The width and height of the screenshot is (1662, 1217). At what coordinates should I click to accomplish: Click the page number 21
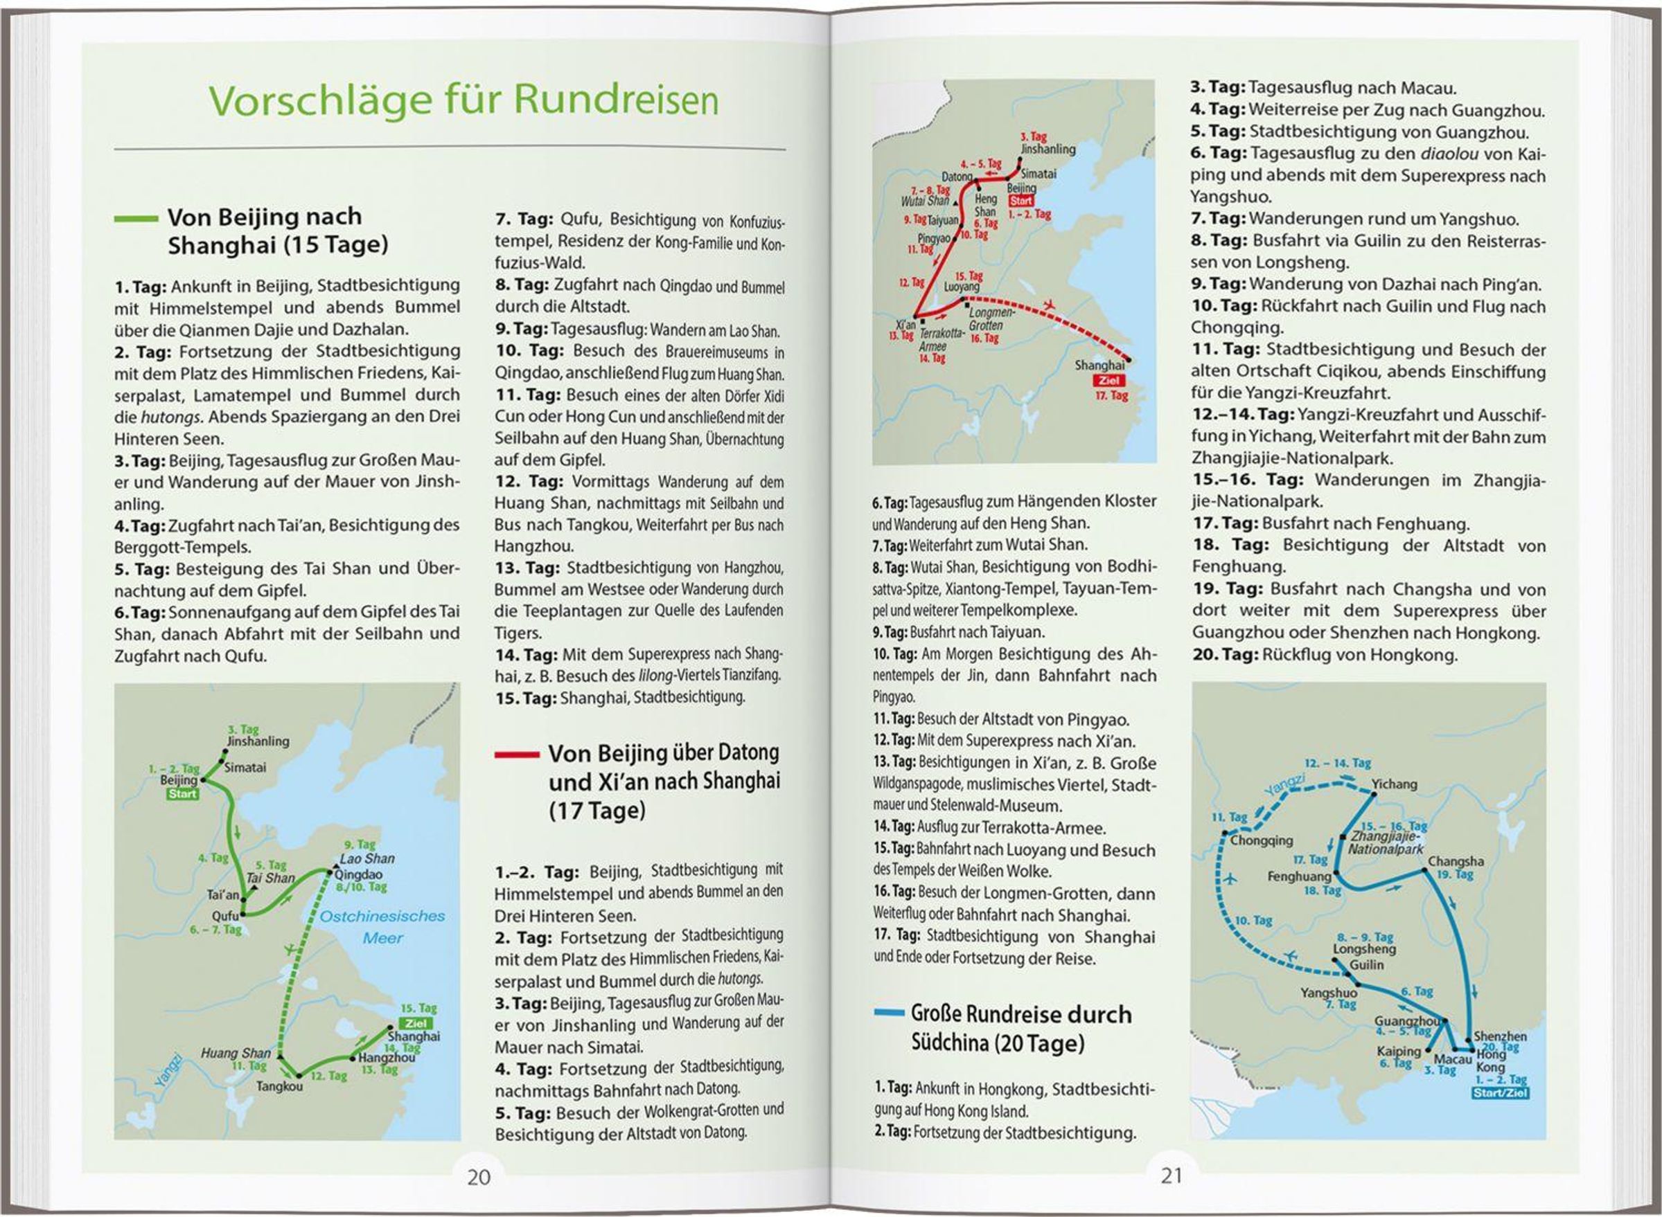(1171, 1175)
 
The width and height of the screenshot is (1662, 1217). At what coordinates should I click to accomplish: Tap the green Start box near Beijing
(182, 793)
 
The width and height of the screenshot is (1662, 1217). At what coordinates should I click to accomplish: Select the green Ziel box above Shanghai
(415, 1023)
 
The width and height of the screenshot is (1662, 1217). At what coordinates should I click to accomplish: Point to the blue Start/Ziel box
(1501, 1093)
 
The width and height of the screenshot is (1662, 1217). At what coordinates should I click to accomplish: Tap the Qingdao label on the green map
(358, 874)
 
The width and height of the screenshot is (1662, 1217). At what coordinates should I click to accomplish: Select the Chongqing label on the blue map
(1261, 840)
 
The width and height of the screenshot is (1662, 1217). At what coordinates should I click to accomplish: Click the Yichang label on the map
(1394, 784)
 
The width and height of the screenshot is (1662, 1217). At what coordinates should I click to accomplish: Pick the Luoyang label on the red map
(962, 287)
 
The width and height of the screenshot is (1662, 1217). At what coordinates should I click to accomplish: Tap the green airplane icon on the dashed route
(292, 949)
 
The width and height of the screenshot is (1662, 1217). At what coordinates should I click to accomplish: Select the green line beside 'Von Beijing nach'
(136, 219)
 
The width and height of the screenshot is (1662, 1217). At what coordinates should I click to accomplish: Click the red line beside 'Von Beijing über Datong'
(517, 755)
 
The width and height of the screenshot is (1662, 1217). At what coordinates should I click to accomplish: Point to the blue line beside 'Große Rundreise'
(888, 1013)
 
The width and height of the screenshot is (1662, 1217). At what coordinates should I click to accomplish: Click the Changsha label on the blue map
(1456, 861)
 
